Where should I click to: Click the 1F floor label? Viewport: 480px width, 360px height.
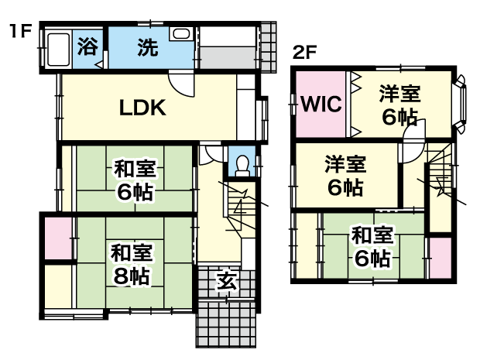pos(20,31)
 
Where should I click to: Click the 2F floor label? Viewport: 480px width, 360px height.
pos(304,53)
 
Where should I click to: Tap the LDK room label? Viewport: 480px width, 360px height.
pos(142,108)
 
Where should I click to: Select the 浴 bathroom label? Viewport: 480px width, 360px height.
pos(87,46)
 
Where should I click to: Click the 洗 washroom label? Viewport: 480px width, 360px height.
pos(148,47)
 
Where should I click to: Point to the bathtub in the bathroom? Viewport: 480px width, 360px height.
pos(58,50)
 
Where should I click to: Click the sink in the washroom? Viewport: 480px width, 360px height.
pos(181,33)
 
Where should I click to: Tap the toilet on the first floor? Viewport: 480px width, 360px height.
pos(243,166)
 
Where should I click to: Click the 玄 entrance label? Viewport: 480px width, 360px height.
pos(227,281)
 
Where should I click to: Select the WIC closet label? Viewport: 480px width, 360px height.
pos(321,104)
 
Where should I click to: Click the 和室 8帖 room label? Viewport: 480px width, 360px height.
pos(132,264)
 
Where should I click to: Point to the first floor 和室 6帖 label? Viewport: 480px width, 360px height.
pos(135,180)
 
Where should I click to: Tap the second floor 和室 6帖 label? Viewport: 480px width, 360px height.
pos(372,246)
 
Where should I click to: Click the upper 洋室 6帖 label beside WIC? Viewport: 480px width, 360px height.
pos(399,105)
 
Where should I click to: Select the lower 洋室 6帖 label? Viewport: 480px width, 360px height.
pos(345,176)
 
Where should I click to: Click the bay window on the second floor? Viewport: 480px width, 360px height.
pos(461,105)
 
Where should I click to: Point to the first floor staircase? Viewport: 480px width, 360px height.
pos(241,208)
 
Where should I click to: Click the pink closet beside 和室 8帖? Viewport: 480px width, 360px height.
pos(59,238)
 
